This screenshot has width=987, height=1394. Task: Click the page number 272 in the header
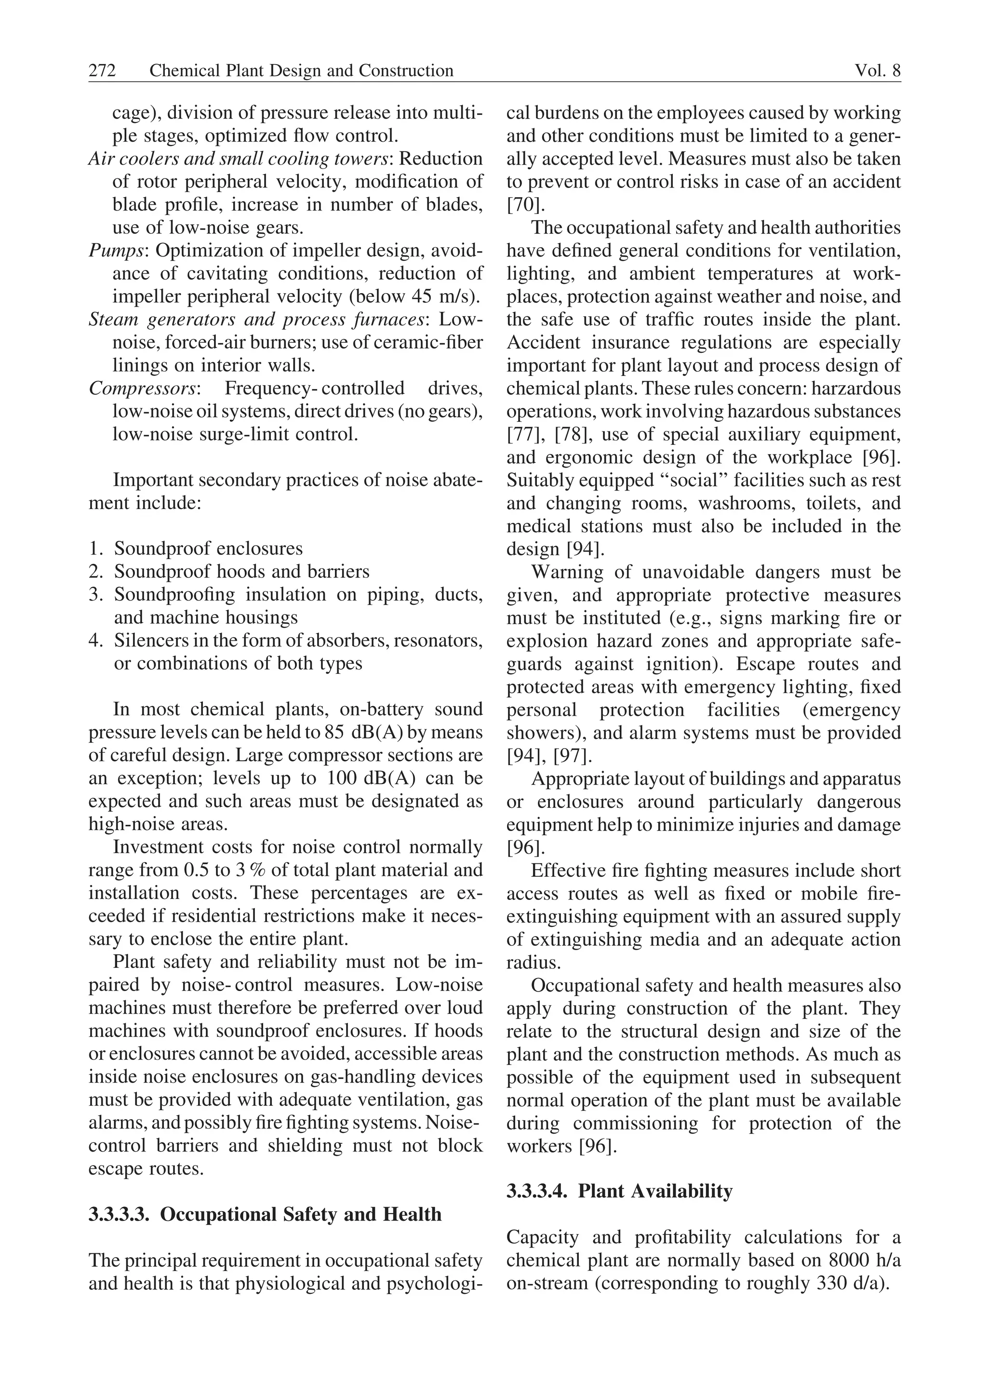click(x=102, y=71)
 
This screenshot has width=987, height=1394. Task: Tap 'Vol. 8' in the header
click(x=877, y=71)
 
